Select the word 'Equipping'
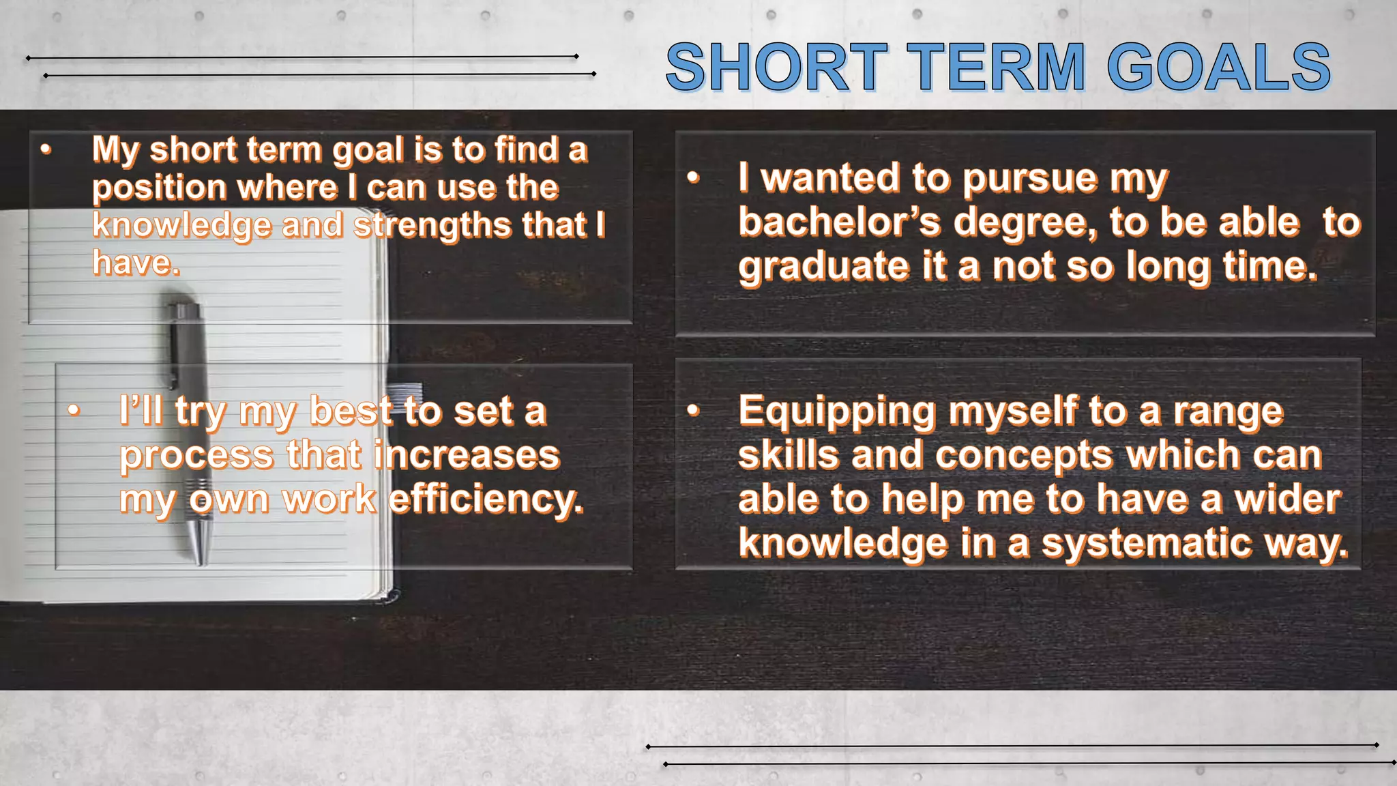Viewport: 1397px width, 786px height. (x=837, y=412)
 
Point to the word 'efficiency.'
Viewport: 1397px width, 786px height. (x=486, y=499)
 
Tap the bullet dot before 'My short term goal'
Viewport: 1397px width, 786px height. (x=46, y=149)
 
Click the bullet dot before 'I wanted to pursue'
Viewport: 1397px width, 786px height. (x=694, y=178)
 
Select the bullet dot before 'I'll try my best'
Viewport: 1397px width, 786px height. (x=74, y=410)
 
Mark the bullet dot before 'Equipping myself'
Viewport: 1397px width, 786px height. (x=694, y=410)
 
